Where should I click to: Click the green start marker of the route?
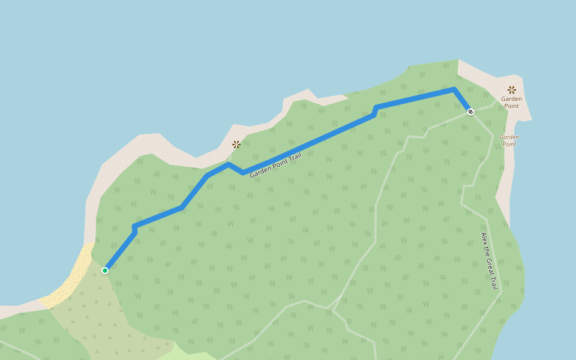[x=105, y=271]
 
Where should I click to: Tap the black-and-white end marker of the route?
[x=470, y=112]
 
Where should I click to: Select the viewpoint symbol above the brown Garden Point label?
[x=512, y=89]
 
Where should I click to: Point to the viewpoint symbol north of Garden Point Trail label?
[x=236, y=144]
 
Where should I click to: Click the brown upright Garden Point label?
[x=512, y=102]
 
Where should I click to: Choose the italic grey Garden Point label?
[x=509, y=140]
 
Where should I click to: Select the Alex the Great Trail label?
[x=490, y=261]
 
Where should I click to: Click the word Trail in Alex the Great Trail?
[x=494, y=283]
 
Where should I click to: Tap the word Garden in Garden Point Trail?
[x=259, y=172]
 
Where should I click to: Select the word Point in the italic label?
[x=509, y=144]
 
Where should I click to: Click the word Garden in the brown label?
[x=512, y=98]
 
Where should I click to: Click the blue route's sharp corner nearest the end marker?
[x=454, y=89]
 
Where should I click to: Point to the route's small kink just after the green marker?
[x=134, y=228]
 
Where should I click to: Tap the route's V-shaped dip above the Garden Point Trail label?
[x=242, y=173]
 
